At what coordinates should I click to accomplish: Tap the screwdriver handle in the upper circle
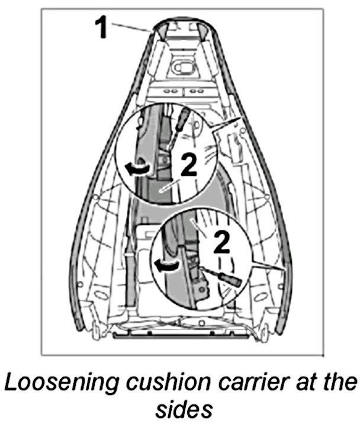184,117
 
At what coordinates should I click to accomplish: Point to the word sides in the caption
179,410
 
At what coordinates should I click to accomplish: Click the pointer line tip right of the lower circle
285,270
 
